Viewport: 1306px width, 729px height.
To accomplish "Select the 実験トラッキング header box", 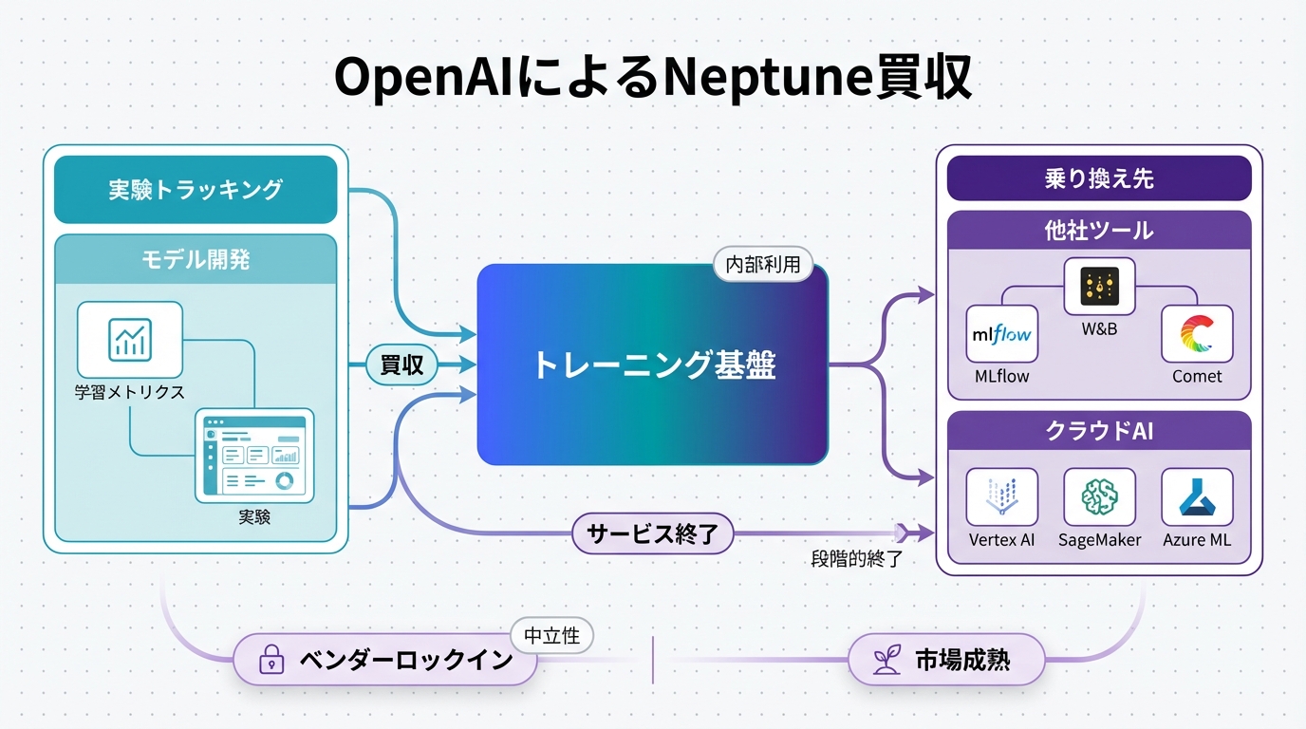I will point(196,189).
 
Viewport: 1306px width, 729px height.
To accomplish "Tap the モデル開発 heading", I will point(196,259).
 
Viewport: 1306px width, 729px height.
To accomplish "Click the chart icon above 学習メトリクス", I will point(130,339).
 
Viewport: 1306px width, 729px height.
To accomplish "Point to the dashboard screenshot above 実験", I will point(254,456).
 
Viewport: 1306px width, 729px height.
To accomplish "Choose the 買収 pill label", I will point(402,364).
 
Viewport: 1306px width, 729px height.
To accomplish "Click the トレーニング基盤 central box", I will point(653,364).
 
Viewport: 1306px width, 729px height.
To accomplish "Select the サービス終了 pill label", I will point(653,534).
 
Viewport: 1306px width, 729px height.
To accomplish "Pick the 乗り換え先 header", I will point(1099,178).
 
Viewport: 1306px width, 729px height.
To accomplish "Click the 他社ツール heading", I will point(1099,231).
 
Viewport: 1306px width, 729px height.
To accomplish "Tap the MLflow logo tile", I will point(1002,334).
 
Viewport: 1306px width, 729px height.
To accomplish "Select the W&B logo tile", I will point(1099,285).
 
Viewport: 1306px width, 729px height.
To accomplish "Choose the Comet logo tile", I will point(1197,334).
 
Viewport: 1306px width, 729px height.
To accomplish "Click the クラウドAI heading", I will point(1099,431).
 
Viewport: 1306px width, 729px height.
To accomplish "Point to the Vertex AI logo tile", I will point(1002,496).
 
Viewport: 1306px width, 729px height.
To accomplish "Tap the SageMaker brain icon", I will point(1099,496).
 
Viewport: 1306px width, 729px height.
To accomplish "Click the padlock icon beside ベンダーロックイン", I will point(272,661).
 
